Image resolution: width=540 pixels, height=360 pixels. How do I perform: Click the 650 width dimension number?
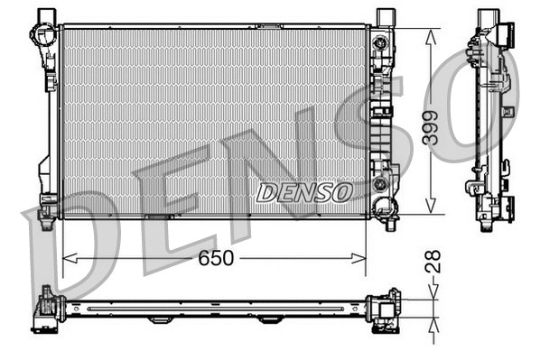[216, 258]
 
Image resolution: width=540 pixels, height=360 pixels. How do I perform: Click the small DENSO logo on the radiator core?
[303, 191]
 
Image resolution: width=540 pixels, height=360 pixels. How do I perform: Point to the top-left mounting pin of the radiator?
[44, 16]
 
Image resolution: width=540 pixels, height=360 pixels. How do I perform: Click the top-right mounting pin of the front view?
[385, 16]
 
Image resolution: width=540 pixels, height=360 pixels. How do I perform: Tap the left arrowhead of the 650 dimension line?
[66, 258]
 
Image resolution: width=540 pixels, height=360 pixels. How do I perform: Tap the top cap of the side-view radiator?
[489, 18]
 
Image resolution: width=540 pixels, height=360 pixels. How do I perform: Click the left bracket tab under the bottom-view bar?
[160, 320]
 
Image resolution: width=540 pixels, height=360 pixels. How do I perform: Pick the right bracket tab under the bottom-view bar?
[269, 320]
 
